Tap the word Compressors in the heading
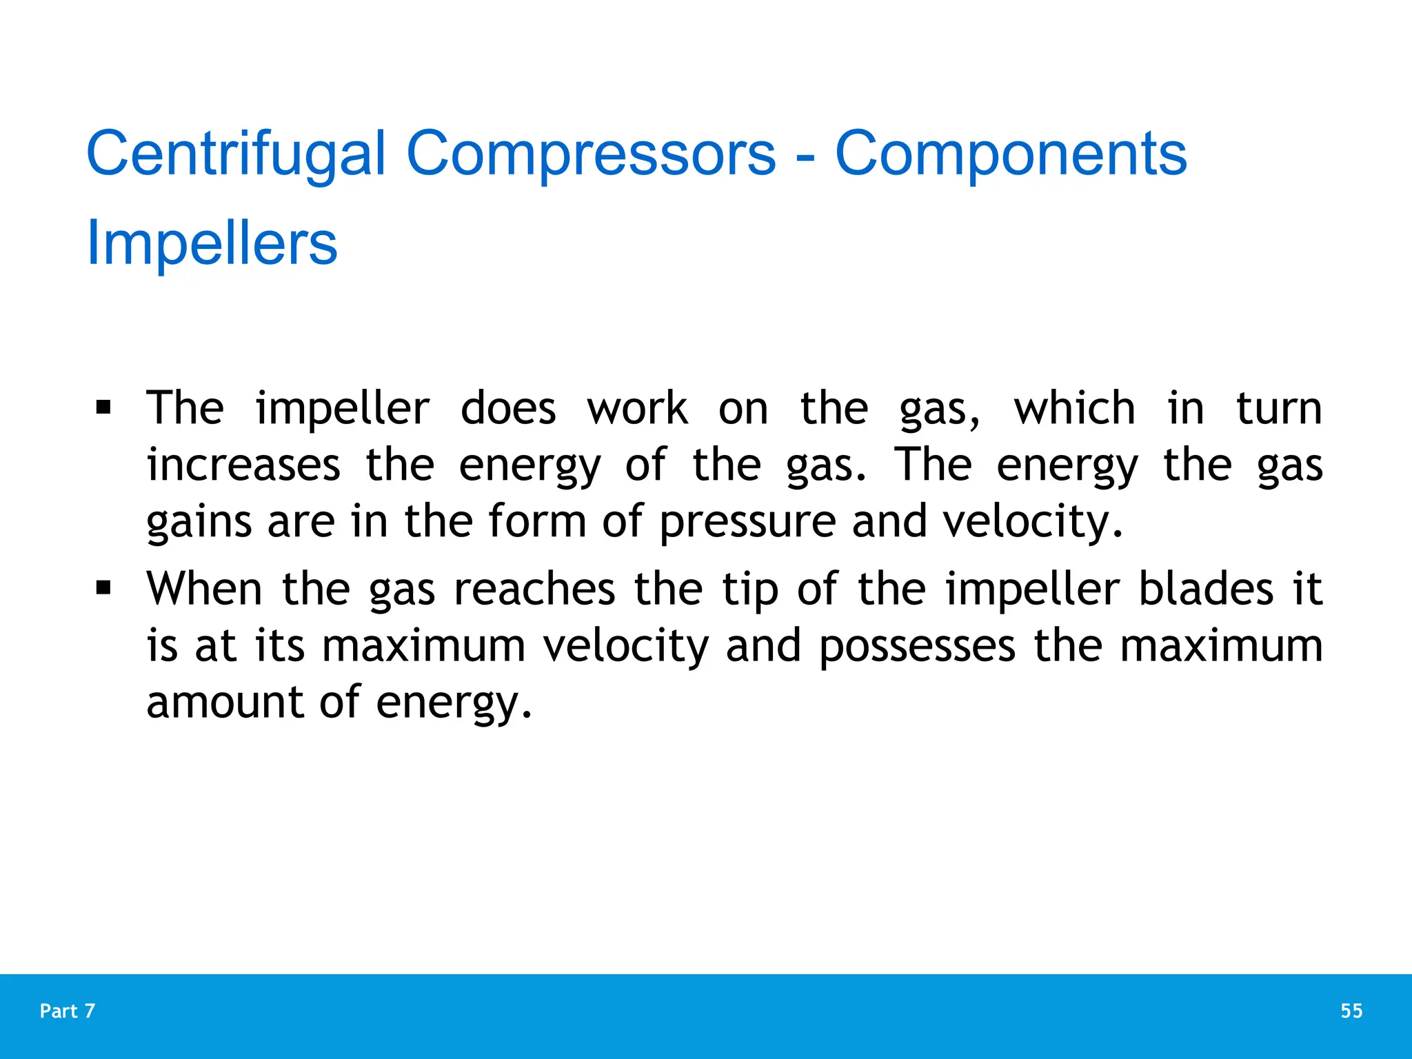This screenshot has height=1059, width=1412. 591,154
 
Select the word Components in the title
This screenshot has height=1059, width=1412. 1011,154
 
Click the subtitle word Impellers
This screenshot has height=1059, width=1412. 212,243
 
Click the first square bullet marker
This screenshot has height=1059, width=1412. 103,407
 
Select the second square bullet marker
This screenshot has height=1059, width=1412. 103,588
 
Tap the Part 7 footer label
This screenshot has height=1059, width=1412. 68,1011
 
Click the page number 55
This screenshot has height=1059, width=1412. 1351,1011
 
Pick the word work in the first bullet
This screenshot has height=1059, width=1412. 637,408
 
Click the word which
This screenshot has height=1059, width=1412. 1074,408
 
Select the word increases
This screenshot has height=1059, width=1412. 243,465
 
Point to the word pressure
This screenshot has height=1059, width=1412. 747,522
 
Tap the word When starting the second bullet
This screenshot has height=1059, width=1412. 204,589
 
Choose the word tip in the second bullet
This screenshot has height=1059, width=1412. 750,590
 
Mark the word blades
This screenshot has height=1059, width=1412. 1205,589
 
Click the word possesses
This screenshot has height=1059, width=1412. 917,647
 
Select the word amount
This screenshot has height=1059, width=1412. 225,702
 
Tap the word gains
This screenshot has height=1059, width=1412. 199,522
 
